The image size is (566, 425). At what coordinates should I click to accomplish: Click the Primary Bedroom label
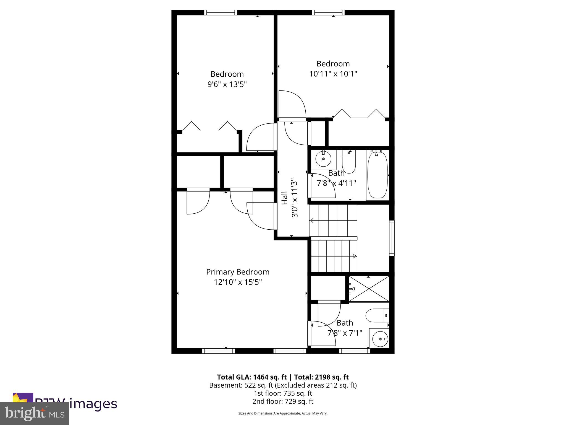[238, 272]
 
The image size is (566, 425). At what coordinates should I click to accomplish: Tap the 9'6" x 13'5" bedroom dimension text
[227, 84]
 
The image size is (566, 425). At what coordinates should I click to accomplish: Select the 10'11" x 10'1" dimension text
[333, 74]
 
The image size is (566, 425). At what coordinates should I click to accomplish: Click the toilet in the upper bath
[349, 162]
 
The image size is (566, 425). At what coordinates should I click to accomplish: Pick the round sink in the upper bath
[323, 159]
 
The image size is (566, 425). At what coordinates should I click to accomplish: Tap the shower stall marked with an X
[369, 289]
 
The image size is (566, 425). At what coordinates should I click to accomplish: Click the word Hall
[284, 198]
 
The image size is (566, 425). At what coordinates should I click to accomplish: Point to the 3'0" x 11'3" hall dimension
[295, 198]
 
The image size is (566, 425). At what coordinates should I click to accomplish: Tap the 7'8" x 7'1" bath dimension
[345, 333]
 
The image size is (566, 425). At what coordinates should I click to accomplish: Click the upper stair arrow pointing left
[311, 221]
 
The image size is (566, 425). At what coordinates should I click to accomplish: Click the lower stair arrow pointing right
[355, 256]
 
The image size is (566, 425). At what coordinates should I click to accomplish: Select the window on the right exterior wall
[392, 237]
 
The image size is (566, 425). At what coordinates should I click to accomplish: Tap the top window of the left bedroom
[221, 12]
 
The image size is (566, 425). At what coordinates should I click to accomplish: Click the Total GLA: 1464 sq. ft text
[252, 377]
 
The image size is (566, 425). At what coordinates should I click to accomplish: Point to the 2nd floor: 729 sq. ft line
[283, 401]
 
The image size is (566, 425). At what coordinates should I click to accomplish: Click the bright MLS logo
[34, 413]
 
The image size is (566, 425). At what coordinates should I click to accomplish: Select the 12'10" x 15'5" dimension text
[238, 282]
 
